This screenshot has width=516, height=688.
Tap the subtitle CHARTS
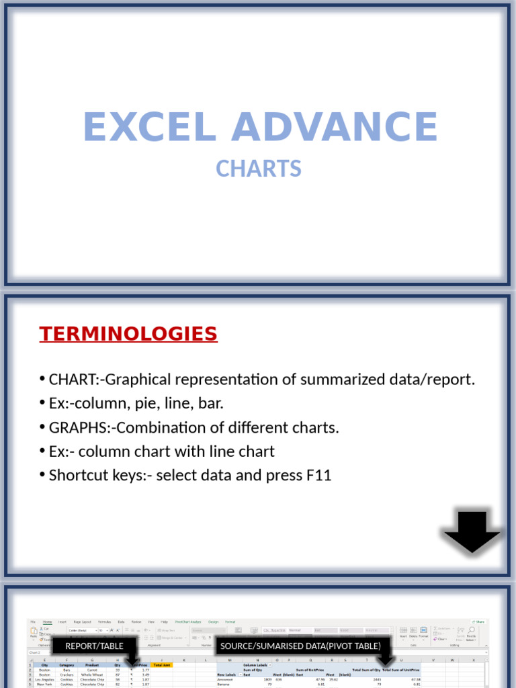[259, 169]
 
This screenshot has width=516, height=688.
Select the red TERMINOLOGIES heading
[128, 334]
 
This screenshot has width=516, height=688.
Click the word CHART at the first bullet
[71, 380]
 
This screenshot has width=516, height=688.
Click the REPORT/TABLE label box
[95, 646]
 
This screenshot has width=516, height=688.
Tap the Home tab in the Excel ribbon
[48, 622]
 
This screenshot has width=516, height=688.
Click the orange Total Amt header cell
[162, 665]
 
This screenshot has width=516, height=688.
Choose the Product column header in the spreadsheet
[91, 665]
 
